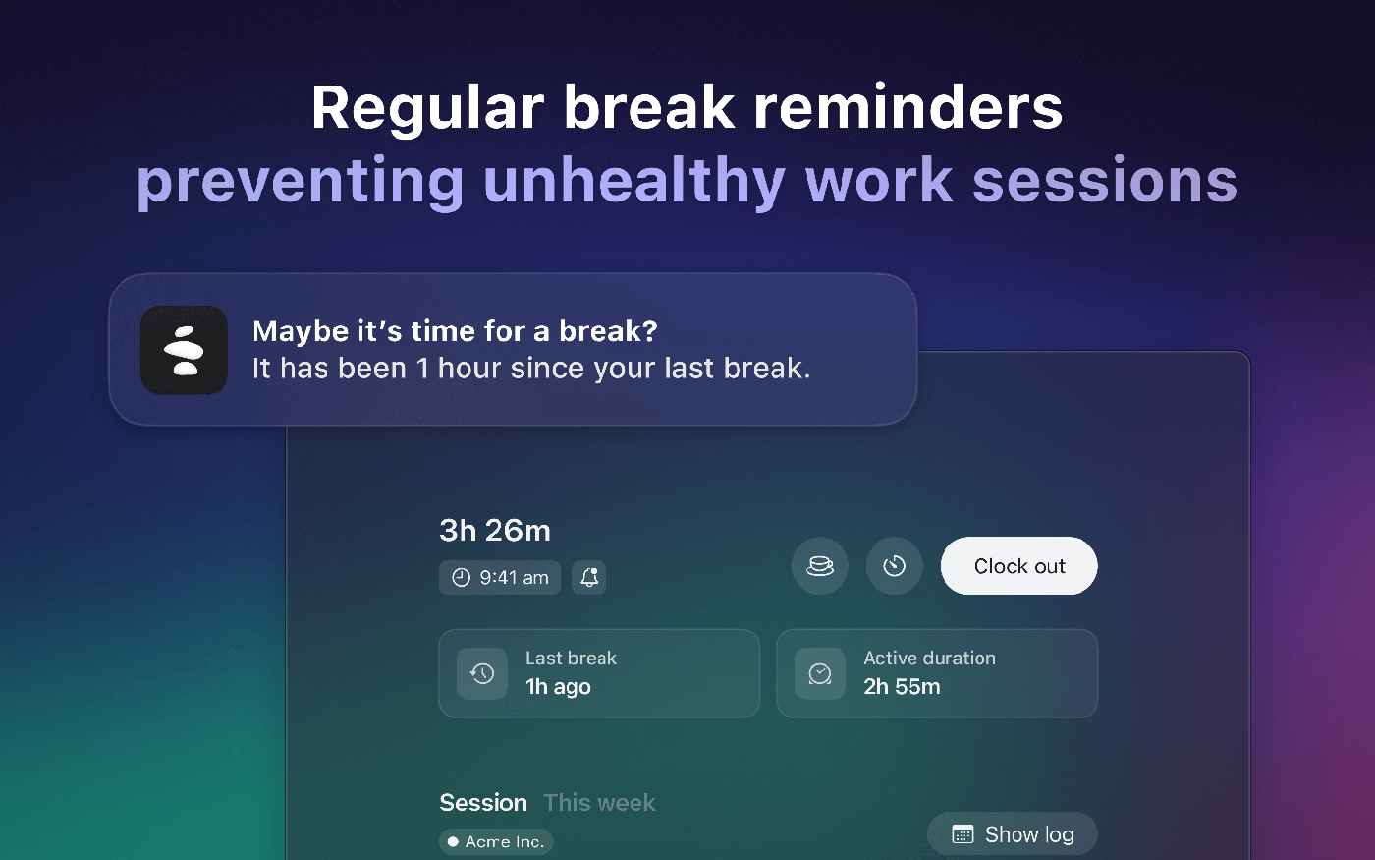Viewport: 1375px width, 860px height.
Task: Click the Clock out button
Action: pos(1019,566)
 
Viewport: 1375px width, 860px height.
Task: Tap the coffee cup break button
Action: pos(820,566)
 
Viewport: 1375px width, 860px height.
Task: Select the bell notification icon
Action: pos(588,578)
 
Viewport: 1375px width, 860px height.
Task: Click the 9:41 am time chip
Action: pos(500,578)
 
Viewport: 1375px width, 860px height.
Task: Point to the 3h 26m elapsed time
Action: pos(495,530)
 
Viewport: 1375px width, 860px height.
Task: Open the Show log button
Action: pos(1013,834)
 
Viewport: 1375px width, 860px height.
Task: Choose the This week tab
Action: pos(599,803)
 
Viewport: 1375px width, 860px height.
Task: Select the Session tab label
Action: pos(483,803)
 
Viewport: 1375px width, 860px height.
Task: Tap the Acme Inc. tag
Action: pos(496,841)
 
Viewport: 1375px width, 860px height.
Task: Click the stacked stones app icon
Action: pos(185,350)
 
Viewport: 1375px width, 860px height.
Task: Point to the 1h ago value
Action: pos(558,687)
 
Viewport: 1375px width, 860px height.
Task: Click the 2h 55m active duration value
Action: pos(902,687)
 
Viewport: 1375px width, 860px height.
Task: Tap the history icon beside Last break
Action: pos(482,674)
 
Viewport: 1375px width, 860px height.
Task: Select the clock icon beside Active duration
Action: pos(820,674)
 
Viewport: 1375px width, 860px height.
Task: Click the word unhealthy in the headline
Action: pos(634,181)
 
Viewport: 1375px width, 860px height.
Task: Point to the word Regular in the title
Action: pos(428,108)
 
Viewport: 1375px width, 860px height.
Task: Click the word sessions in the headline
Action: pos(1105,181)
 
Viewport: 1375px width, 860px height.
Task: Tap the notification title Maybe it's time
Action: pos(455,331)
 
